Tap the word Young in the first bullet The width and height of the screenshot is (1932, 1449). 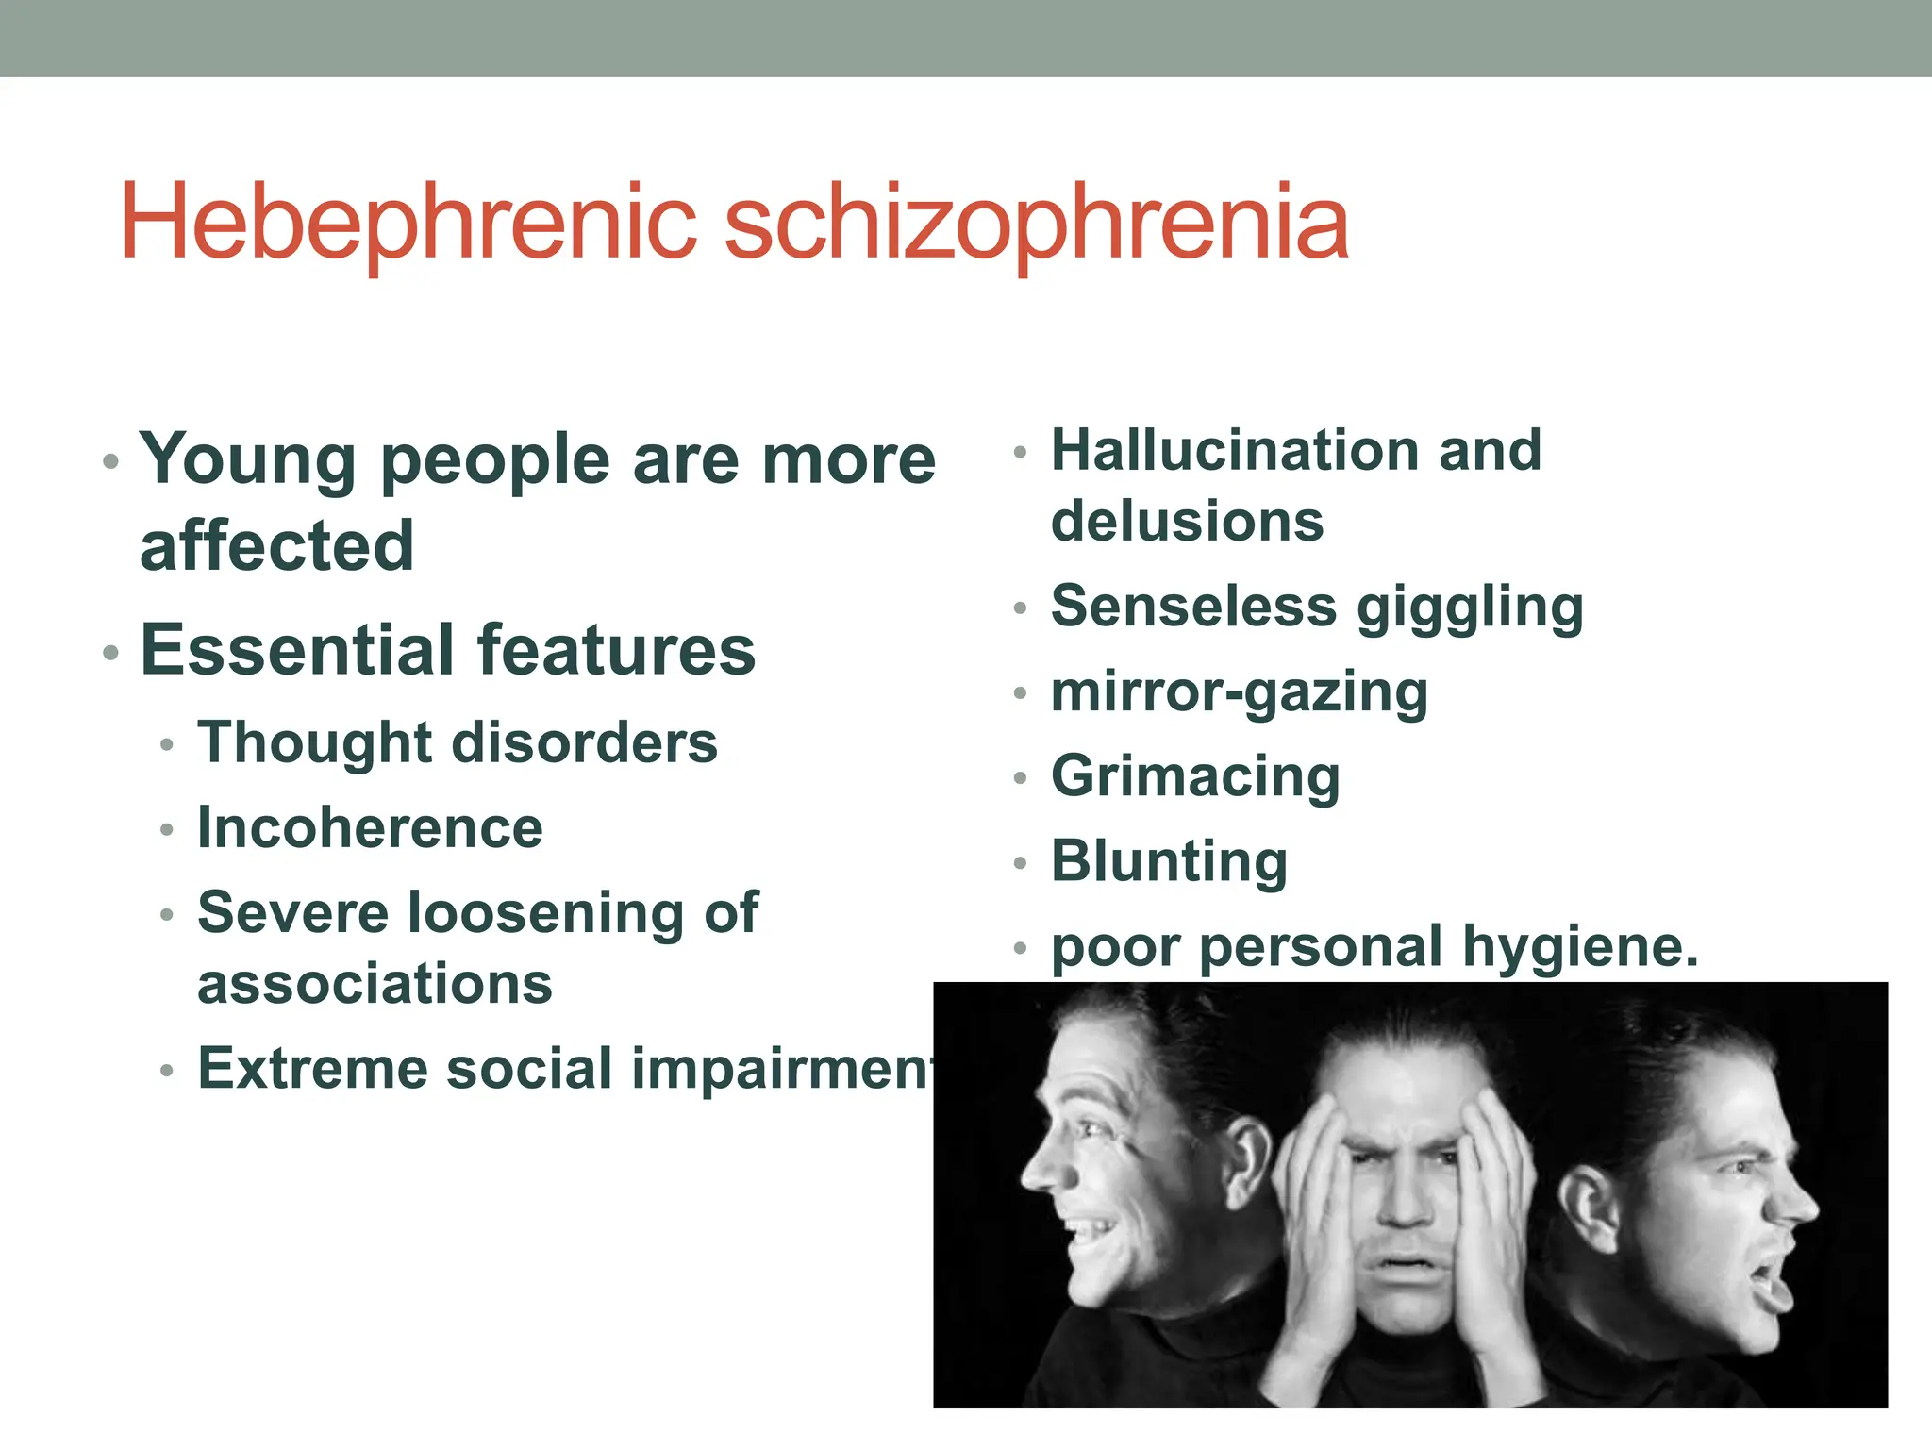[247, 459]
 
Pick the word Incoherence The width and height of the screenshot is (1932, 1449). [370, 827]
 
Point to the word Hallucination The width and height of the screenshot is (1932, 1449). [1234, 450]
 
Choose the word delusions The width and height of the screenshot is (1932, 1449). [1187, 521]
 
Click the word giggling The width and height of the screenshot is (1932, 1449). [1470, 607]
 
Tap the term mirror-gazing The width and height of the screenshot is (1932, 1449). [1239, 691]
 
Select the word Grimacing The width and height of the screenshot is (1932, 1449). [1195, 776]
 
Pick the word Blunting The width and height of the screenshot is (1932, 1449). [1169, 861]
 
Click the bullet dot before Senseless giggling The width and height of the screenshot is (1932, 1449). [1019, 608]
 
